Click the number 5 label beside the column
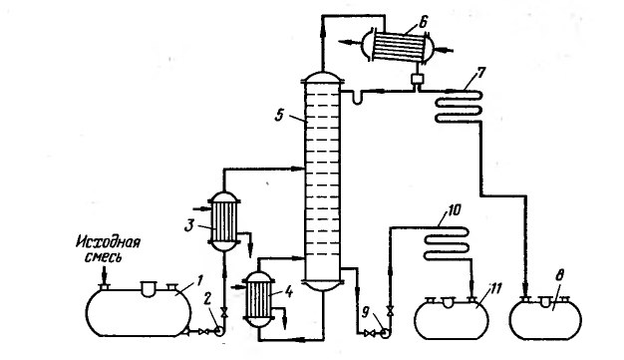[280, 115]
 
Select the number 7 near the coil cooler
[481, 74]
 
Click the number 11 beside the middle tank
[496, 289]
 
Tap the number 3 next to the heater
[188, 226]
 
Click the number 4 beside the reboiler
[288, 292]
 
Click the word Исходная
[108, 241]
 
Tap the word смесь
[103, 257]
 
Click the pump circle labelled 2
[219, 331]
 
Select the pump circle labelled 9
[385, 333]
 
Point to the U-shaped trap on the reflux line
[357, 99]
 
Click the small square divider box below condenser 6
[417, 79]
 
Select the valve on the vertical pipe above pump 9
[390, 310]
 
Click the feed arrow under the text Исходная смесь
[104, 275]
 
